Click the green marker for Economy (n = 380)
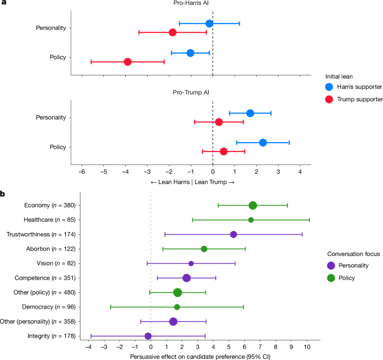click(253, 205)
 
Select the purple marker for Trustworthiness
click(233, 234)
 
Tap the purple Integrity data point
click(148, 336)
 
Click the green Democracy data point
click(177, 307)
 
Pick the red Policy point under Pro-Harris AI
click(127, 61)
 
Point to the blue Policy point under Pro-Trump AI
click(263, 143)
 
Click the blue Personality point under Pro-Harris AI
click(209, 23)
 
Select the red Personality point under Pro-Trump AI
click(219, 122)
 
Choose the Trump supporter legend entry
click(354, 99)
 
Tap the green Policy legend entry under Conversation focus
click(344, 277)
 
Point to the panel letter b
click(3, 194)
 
